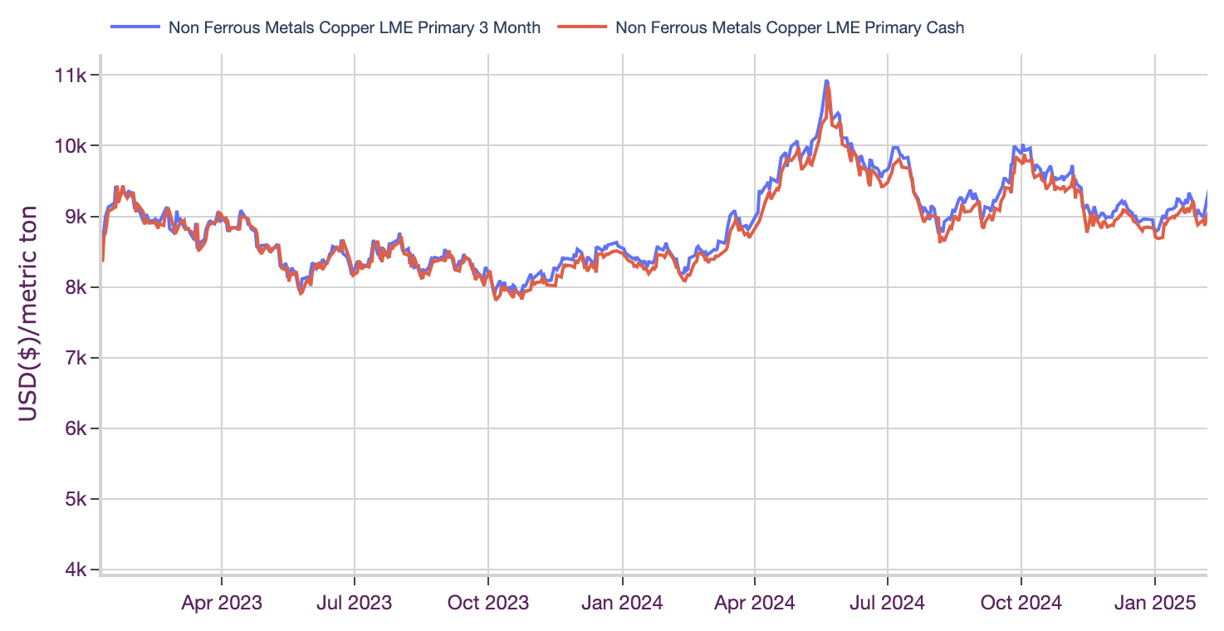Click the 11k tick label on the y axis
point(71,76)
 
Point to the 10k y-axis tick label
point(71,146)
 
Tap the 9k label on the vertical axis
point(75,217)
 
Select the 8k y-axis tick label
point(75,288)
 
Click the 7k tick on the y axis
point(75,359)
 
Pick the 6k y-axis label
point(75,429)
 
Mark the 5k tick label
point(75,500)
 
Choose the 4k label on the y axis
point(75,570)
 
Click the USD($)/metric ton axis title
point(28,313)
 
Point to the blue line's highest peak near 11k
point(826,81)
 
